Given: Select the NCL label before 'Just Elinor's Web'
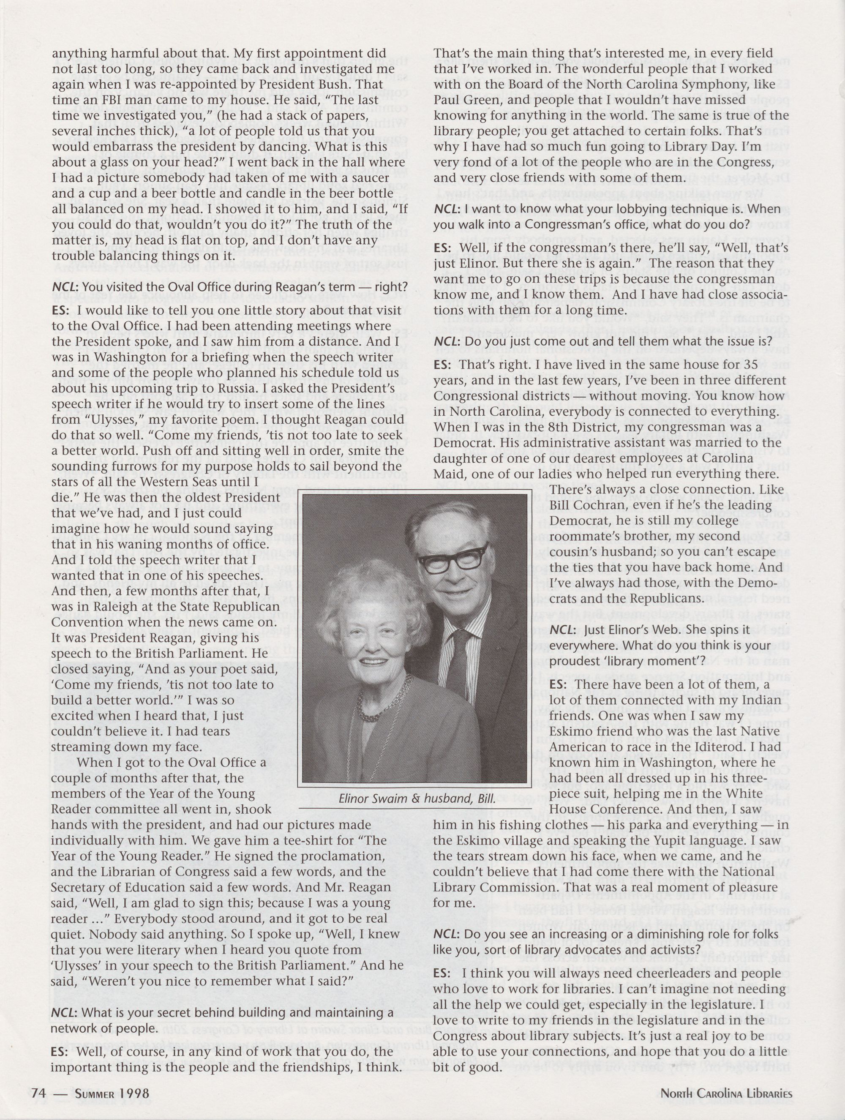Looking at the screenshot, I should [562, 631].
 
